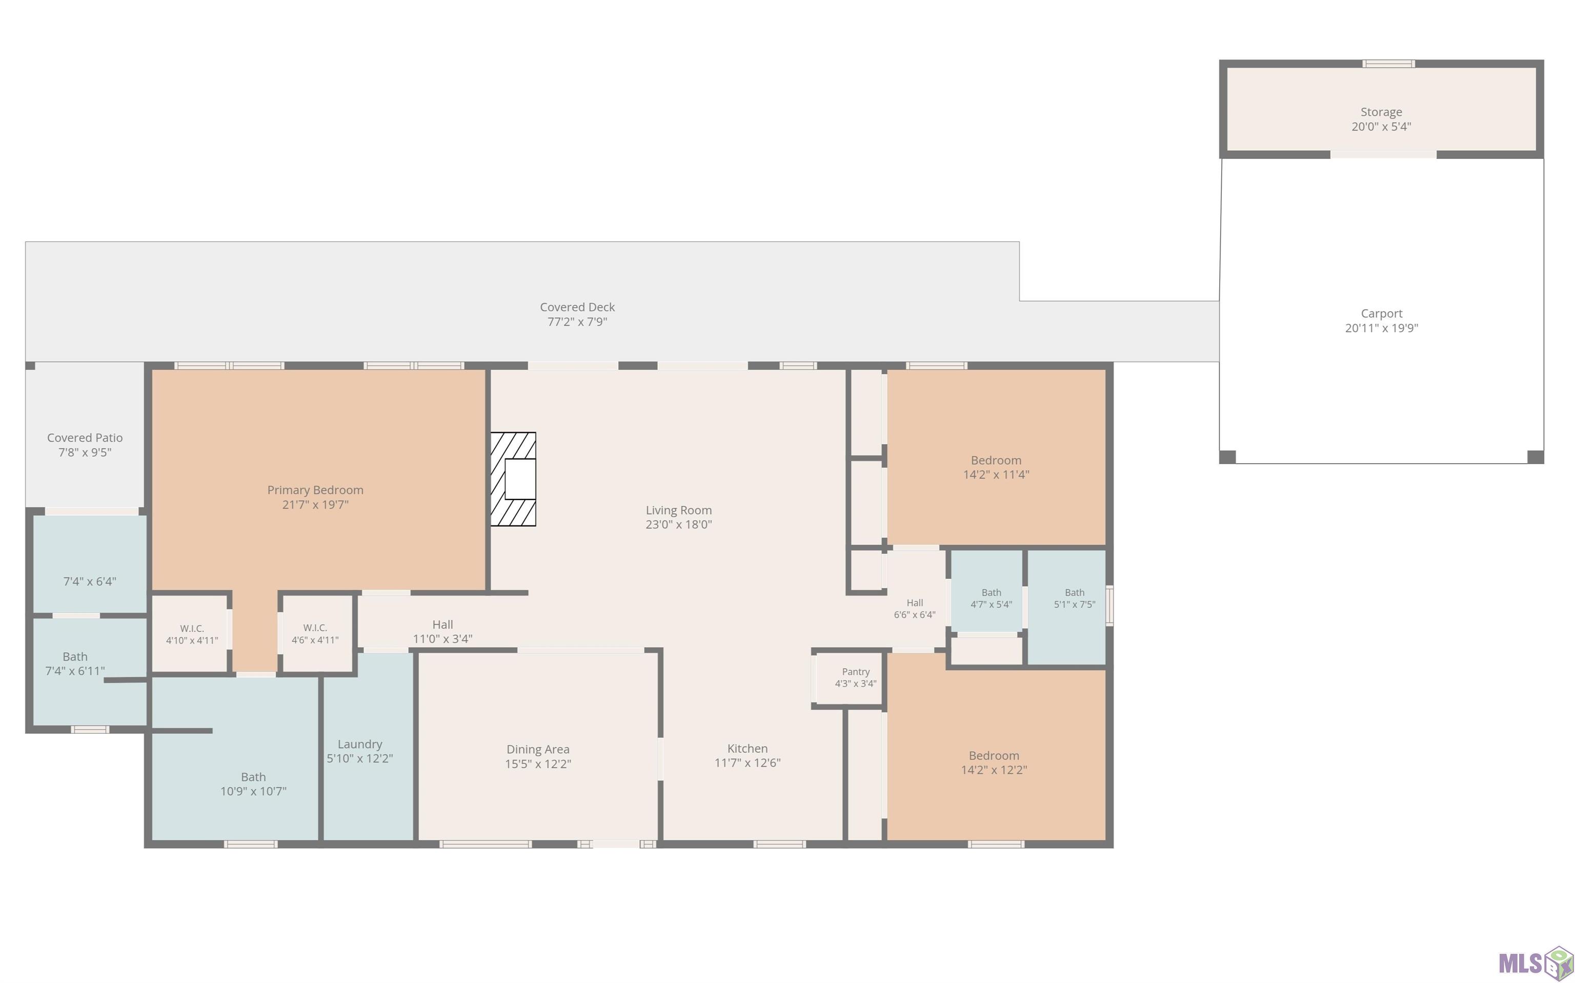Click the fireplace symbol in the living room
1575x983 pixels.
click(513, 478)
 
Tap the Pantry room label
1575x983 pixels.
click(855, 672)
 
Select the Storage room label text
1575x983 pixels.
click(1381, 112)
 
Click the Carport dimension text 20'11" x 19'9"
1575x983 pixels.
click(1381, 328)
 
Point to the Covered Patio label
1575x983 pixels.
click(85, 437)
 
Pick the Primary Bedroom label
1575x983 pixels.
click(315, 490)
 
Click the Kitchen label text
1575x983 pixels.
click(748, 748)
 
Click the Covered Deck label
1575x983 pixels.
click(577, 307)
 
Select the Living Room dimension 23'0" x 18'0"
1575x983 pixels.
click(679, 525)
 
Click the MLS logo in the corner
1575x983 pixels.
click(1536, 961)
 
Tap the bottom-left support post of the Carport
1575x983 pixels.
click(1227, 457)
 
